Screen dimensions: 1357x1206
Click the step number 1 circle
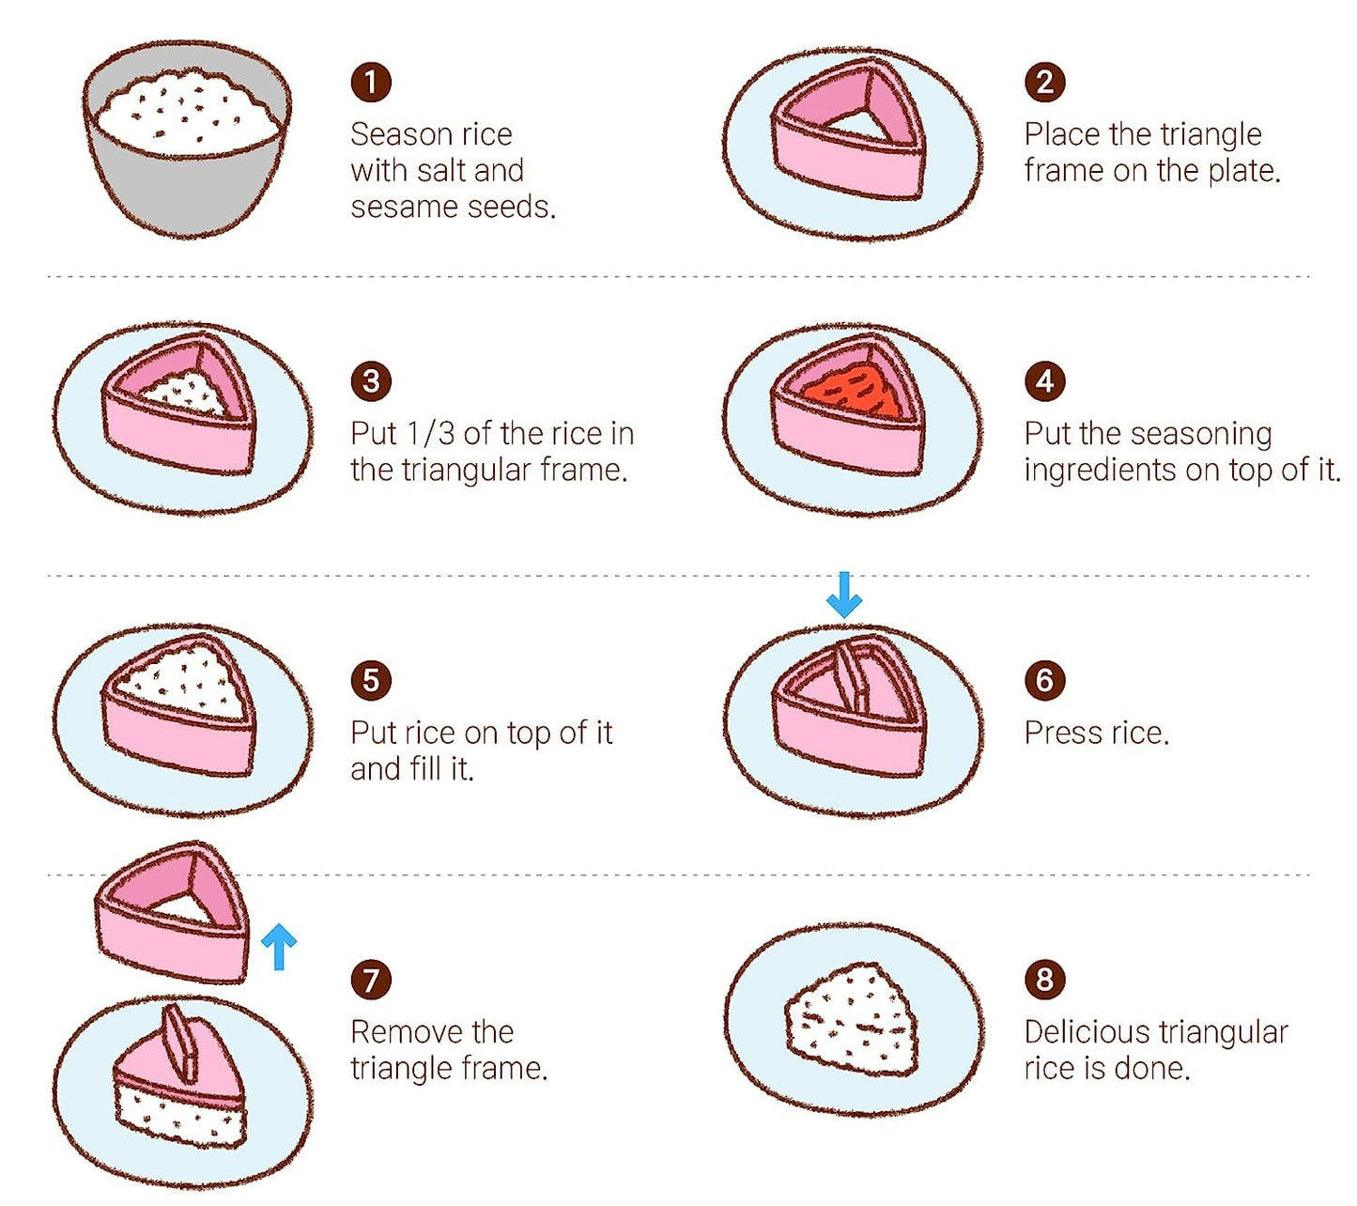(371, 83)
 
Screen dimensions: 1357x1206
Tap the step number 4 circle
(1044, 381)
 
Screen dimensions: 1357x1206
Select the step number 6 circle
(1044, 680)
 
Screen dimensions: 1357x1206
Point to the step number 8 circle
(1044, 979)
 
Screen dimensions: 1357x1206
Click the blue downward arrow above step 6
(844, 595)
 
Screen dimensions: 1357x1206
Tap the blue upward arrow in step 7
(279, 947)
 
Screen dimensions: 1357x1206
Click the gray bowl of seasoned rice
(188, 137)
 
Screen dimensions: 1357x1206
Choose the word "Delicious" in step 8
(1084, 1032)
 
